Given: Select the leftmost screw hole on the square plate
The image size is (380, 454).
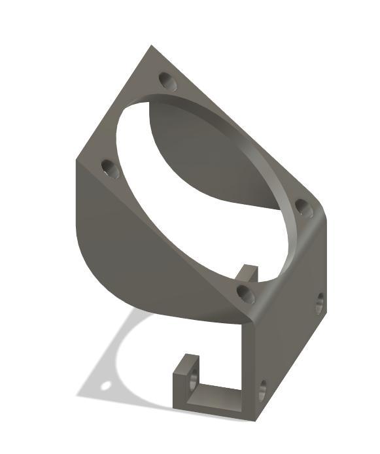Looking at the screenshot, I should [x=110, y=170].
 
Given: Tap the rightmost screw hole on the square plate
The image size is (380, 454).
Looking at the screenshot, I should [x=303, y=208].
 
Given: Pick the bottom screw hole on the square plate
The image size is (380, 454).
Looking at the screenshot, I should [x=246, y=294].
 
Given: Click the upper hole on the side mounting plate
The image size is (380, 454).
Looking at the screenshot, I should [x=319, y=303].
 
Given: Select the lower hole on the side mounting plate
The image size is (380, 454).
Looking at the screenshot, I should [x=262, y=391].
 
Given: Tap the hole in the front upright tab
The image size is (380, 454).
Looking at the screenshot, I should [x=194, y=379].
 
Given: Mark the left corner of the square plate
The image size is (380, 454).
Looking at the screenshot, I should [x=78, y=160].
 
